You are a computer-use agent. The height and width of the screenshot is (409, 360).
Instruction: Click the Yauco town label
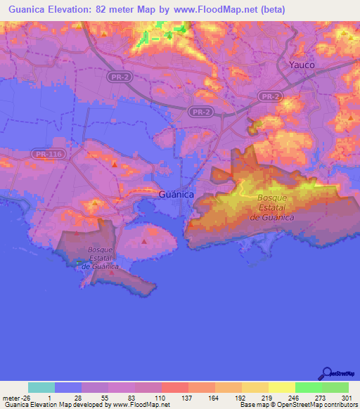[x=302, y=64]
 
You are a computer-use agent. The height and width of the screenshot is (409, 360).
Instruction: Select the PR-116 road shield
[x=44, y=152]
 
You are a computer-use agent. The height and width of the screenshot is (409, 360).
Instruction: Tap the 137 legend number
[x=188, y=398]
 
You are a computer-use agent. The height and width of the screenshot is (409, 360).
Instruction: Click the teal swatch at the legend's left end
[x=41, y=387]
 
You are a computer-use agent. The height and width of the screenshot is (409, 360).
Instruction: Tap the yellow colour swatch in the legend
[x=281, y=387]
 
